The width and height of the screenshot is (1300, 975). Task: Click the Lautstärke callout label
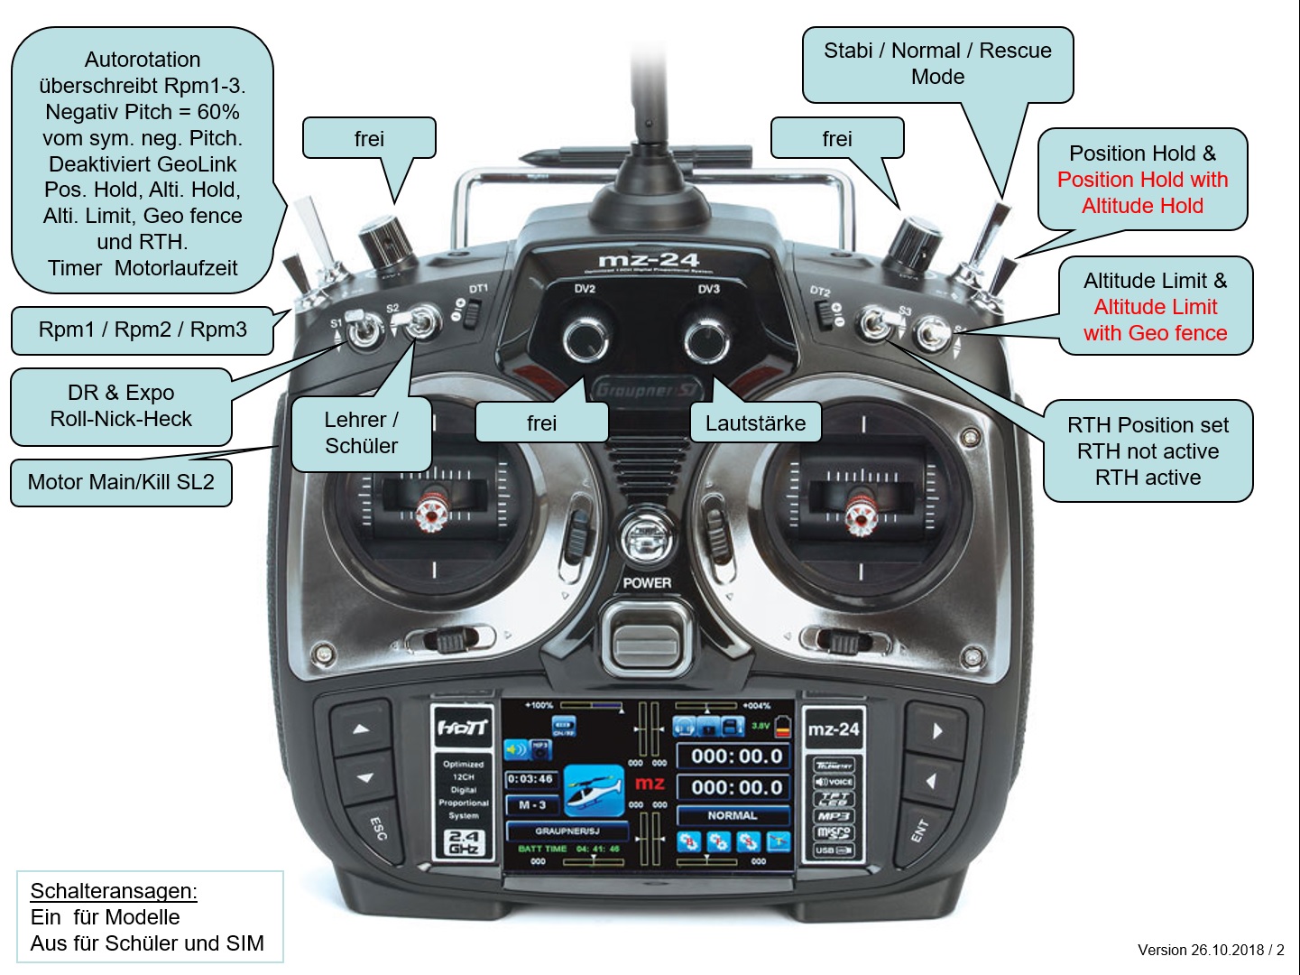pyautogui.click(x=755, y=423)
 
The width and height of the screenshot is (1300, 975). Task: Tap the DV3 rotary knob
pyautogui.click(x=706, y=339)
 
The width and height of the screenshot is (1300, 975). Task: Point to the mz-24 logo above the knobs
pyautogui.click(x=649, y=261)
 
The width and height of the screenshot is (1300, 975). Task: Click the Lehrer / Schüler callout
pyautogui.click(x=361, y=433)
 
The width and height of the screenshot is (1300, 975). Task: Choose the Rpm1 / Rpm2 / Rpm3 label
pyautogui.click(x=143, y=330)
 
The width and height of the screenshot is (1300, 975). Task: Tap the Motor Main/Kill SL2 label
pyautogui.click(x=121, y=482)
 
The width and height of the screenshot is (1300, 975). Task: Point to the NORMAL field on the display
pyautogui.click(x=733, y=815)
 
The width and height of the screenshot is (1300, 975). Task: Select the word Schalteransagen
pyautogui.click(x=114, y=891)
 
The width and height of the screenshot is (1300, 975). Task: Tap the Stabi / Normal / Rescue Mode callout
pyautogui.click(x=937, y=63)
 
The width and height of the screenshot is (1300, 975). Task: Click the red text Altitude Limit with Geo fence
pyautogui.click(x=1156, y=320)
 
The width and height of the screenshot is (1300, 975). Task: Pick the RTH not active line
pyautogui.click(x=1148, y=451)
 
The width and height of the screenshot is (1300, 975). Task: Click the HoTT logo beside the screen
pyautogui.click(x=463, y=728)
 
